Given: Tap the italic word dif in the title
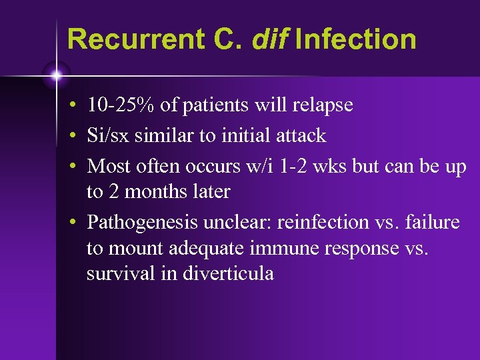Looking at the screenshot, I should (x=271, y=39).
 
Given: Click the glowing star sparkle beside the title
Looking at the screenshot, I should (x=56, y=75).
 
